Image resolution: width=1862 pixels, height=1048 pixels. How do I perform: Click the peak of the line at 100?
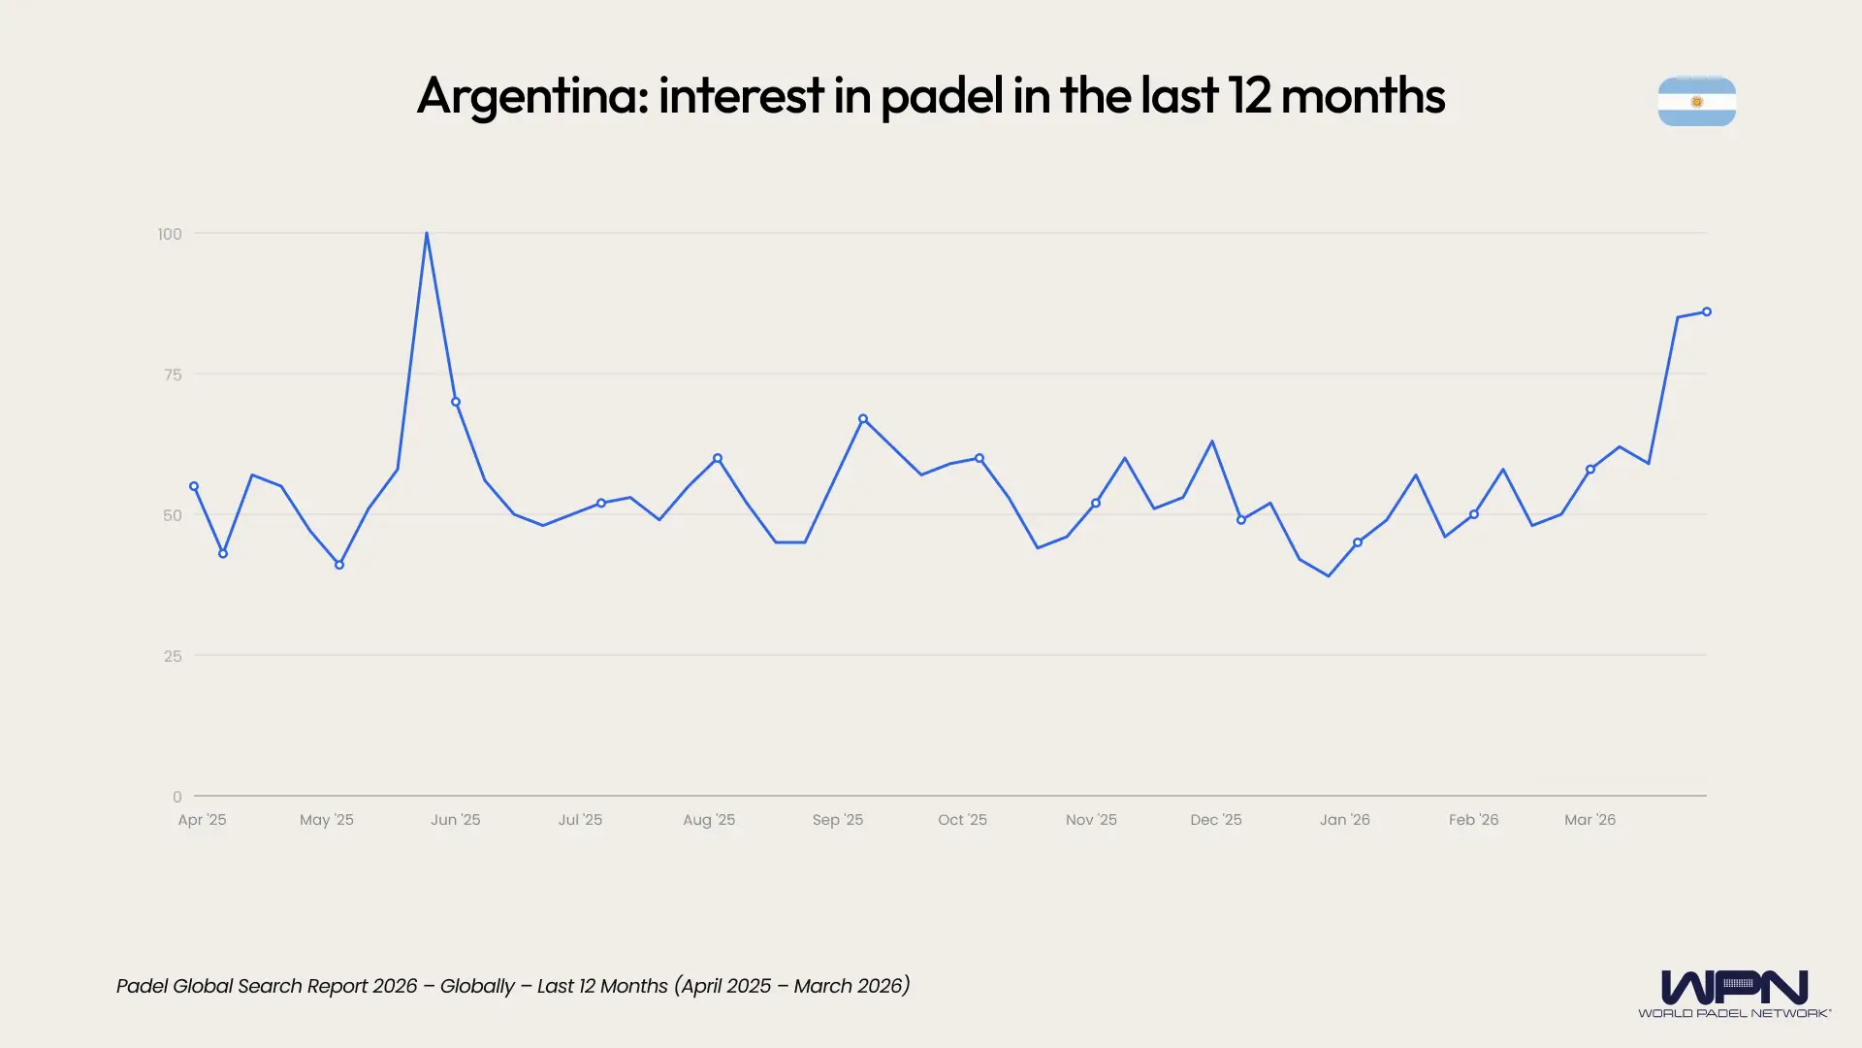click(x=427, y=234)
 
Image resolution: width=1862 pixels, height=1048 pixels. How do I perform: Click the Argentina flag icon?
click(x=1696, y=101)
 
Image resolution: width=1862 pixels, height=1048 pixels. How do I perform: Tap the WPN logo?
click(x=1734, y=993)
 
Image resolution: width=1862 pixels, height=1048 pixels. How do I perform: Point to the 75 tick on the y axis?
click(x=173, y=375)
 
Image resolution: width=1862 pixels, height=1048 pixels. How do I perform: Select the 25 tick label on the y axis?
click(x=173, y=656)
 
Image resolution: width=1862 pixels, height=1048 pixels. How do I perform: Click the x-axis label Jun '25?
click(x=455, y=820)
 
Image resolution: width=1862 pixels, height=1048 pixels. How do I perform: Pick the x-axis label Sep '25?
click(x=837, y=820)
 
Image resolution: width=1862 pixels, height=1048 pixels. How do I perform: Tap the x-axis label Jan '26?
click(x=1344, y=820)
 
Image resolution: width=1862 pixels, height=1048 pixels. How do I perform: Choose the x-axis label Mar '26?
click(x=1589, y=820)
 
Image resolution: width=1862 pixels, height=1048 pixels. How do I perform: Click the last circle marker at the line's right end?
click(x=1707, y=311)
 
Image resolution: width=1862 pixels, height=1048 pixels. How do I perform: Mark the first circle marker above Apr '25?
click(x=194, y=486)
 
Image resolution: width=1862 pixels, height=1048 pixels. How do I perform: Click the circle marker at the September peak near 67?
click(x=863, y=419)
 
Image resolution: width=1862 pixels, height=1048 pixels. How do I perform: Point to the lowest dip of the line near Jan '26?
click(x=1329, y=575)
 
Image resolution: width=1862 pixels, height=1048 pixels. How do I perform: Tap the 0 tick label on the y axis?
click(x=177, y=797)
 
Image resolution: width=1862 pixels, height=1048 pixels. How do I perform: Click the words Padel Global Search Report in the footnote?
click(x=242, y=986)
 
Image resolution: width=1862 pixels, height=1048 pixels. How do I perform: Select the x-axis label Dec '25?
click(x=1215, y=820)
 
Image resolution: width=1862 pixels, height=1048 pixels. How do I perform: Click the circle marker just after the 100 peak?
click(x=456, y=402)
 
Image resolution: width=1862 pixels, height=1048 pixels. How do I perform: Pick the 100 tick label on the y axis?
click(x=170, y=234)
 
